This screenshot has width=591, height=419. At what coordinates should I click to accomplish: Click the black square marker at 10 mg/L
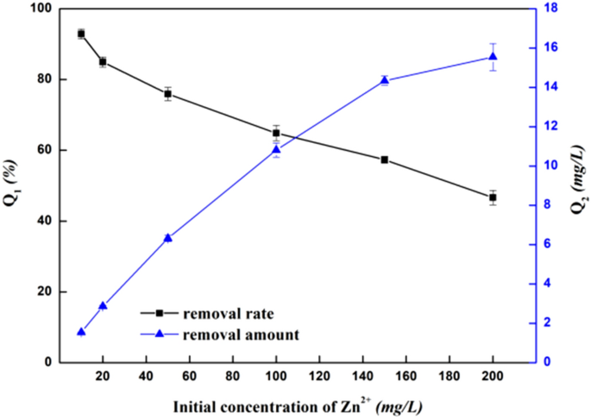click(81, 34)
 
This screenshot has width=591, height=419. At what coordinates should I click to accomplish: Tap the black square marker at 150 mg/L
click(385, 159)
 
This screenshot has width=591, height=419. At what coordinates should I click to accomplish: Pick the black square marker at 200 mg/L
click(493, 197)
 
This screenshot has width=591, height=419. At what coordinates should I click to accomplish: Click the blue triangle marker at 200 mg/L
click(493, 57)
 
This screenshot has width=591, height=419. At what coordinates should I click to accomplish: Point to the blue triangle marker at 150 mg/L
click(385, 80)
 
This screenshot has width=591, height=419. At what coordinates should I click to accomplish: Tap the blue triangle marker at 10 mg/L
click(81, 332)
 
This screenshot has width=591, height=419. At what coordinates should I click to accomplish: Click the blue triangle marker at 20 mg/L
click(103, 306)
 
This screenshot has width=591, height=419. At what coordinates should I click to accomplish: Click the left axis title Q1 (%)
click(11, 185)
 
